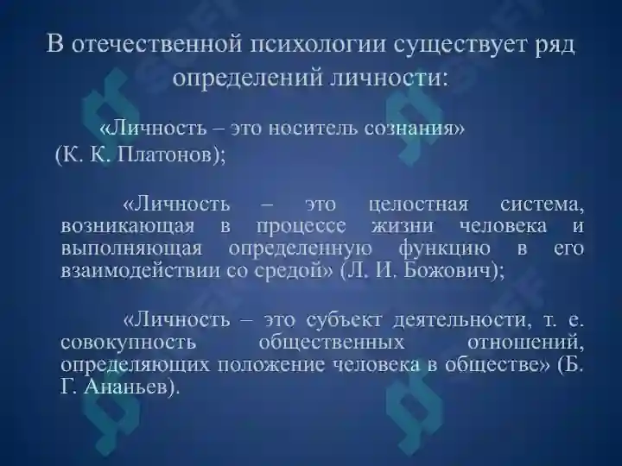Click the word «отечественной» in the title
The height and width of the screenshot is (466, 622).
click(x=151, y=44)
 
